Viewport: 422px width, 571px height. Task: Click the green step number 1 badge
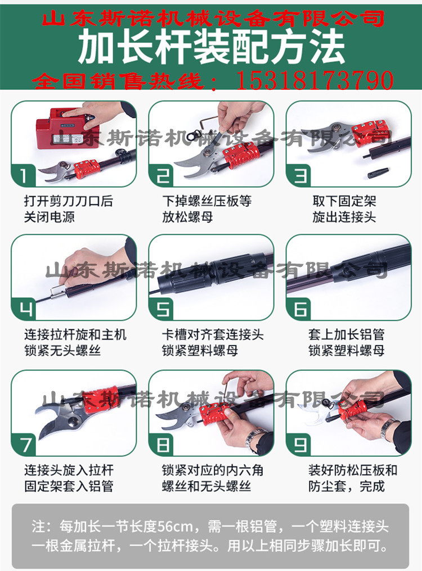click(x=23, y=175)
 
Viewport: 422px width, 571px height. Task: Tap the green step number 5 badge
click(x=161, y=309)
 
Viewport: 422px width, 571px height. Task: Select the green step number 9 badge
click(x=299, y=445)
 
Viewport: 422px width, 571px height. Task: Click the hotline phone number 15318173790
click(x=315, y=80)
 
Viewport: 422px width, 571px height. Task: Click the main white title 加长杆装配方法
click(x=211, y=47)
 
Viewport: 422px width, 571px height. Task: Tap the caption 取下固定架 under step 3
click(x=344, y=201)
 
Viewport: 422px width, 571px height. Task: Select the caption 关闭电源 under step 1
click(x=50, y=217)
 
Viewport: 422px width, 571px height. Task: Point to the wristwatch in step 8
click(x=253, y=439)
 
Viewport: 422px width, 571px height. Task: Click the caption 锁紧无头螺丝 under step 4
click(x=62, y=351)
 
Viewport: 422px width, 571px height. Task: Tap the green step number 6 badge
click(x=299, y=309)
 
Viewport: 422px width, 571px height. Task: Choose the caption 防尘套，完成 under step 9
click(x=347, y=486)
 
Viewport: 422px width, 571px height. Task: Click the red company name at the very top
click(x=213, y=17)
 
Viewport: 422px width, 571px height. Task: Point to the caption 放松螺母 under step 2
click(x=187, y=217)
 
